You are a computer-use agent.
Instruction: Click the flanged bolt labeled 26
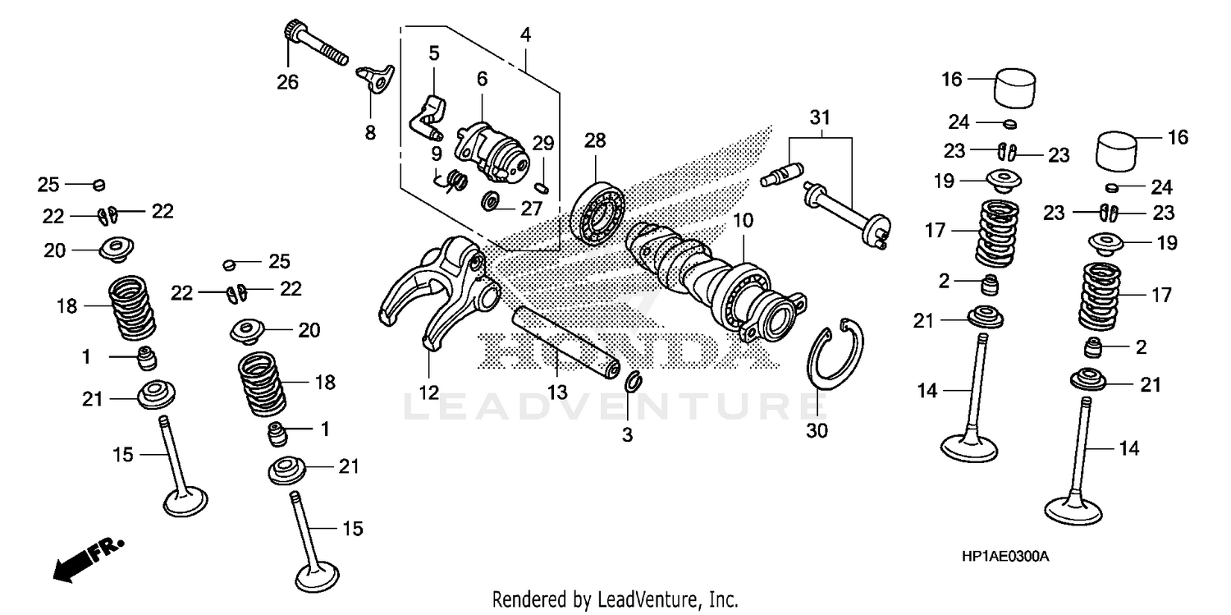tap(315, 45)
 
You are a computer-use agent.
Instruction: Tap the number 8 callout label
tap(370, 132)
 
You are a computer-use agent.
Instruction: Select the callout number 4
tap(525, 34)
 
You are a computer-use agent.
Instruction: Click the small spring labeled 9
tap(455, 180)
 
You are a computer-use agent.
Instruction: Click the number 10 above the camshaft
tap(743, 220)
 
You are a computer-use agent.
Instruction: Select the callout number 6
tap(482, 79)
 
